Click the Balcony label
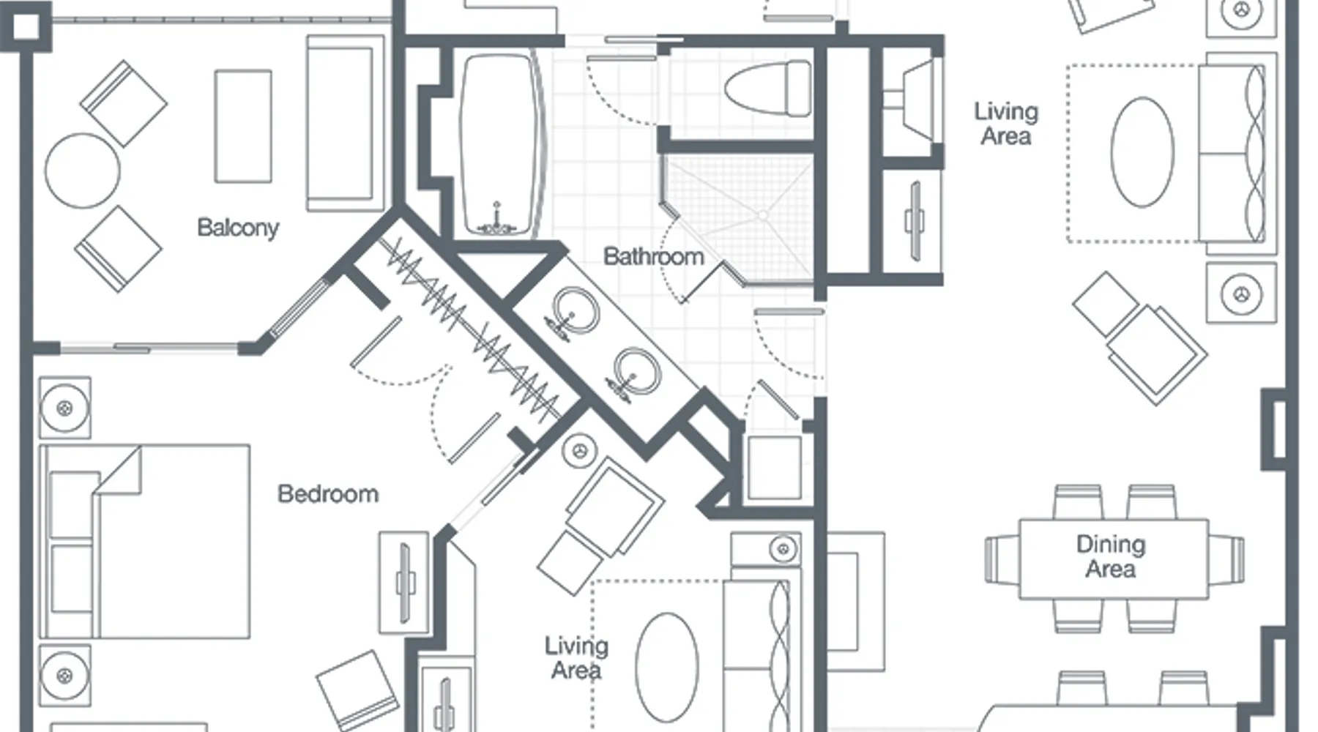point(238,228)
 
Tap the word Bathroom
point(653,256)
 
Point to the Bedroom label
point(328,494)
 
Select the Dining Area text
point(1111,556)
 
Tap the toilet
point(768,89)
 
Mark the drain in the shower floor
point(763,216)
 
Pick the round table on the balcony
point(83,171)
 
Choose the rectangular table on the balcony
point(243,126)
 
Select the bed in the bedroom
point(144,541)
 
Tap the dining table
point(1114,559)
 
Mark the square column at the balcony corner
point(26,26)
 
